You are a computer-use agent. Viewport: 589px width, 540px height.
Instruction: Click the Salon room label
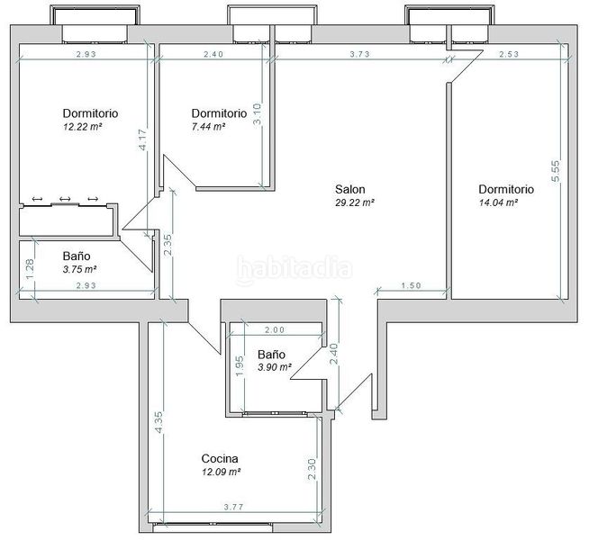[349, 189]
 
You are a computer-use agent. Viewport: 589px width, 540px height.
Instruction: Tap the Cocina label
[220, 458]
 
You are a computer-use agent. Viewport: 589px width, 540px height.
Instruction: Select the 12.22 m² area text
[83, 127]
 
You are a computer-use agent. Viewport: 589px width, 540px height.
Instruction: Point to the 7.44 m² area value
[208, 127]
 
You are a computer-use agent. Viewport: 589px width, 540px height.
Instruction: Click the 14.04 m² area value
[498, 202]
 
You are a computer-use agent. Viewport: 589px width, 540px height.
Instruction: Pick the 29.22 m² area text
[355, 202]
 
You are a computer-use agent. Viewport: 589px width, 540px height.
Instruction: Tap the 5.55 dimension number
[555, 171]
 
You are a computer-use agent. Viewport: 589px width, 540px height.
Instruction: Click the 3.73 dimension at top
[360, 54]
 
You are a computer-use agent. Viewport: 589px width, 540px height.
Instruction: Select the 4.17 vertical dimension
[142, 139]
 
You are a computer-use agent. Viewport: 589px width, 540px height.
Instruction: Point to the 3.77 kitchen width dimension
[233, 507]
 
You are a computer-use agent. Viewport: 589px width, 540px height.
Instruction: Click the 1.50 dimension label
[412, 285]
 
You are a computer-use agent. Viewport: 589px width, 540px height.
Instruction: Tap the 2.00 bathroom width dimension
[275, 330]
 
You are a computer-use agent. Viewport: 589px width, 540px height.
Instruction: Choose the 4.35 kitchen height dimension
[159, 422]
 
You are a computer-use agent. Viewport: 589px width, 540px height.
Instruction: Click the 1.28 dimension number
[30, 269]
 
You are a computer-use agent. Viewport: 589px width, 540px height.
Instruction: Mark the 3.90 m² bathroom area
[275, 367]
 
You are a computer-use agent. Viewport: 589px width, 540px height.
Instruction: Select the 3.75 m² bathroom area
[79, 269]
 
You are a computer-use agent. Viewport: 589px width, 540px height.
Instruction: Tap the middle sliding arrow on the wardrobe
[65, 199]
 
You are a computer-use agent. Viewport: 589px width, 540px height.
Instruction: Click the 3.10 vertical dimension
[257, 114]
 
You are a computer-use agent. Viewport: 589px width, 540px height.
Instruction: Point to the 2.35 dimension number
[168, 245]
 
